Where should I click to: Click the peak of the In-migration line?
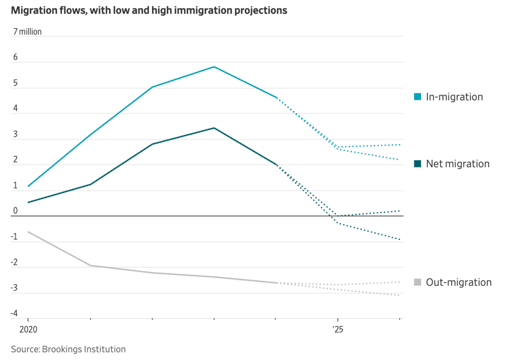click(214, 67)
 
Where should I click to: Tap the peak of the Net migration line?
click(214, 128)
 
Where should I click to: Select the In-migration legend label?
click(454, 97)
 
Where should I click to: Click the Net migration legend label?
click(458, 164)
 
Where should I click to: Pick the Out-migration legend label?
click(459, 282)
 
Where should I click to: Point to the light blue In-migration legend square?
click(417, 97)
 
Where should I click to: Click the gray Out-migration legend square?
click(417, 282)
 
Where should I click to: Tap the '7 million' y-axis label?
click(27, 32)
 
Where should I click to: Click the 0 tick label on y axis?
click(15, 211)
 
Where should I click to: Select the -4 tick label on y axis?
click(14, 313)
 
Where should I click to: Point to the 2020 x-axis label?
click(28, 329)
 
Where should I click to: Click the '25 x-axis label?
click(338, 329)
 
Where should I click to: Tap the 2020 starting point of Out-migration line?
click(28, 232)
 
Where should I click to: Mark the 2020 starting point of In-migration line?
click(28, 186)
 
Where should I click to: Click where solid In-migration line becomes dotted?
click(277, 98)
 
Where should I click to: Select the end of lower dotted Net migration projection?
click(399, 240)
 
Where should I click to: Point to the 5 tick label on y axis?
click(15, 83)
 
